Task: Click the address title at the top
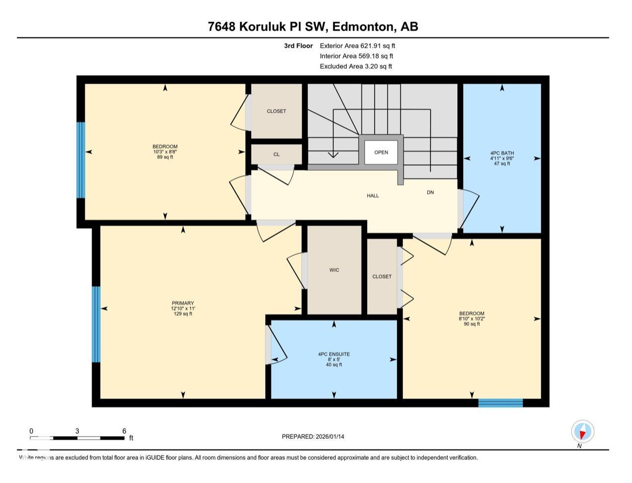pos(313,26)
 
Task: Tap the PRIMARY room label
pos(183,303)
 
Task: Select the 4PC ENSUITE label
pos(334,354)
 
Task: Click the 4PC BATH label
pos(502,153)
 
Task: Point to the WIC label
pos(334,270)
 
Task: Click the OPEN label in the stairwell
pos(381,153)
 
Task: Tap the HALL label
pos(373,196)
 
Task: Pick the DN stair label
pos(430,192)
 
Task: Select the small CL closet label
pos(276,155)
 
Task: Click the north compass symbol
pos(582,431)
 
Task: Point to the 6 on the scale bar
pos(124,431)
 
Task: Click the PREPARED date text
pos(313,437)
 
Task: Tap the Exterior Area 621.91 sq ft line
pos(357,46)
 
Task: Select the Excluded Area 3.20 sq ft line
pos(356,66)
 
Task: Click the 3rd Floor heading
pos(298,46)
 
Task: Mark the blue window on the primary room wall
pos(96,324)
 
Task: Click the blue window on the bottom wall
pos(500,403)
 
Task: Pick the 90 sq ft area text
pos(472,324)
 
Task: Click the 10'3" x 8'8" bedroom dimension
pos(165,152)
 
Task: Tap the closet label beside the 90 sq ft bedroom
pos(382,277)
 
